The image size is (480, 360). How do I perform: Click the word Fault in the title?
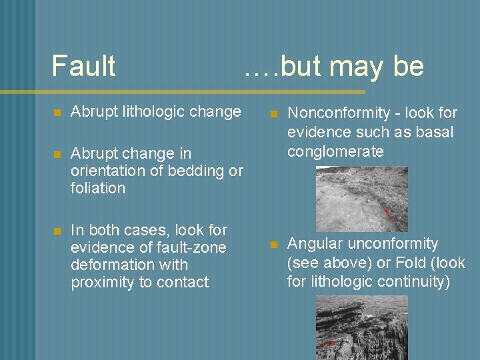tap(83, 66)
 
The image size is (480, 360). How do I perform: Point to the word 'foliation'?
tap(97, 188)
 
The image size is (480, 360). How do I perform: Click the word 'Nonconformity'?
tap(338, 113)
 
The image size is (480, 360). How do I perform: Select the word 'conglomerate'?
tap(335, 151)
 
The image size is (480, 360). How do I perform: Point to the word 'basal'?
tap(434, 132)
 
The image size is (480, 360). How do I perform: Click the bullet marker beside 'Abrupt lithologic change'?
tap(57, 112)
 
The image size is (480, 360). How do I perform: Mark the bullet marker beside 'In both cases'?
tap(57, 231)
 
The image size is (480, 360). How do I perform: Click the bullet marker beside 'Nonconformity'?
tap(274, 114)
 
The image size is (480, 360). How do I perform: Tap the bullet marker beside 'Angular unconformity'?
tap(274, 245)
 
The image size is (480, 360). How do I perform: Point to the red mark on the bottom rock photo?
tap(327, 344)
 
